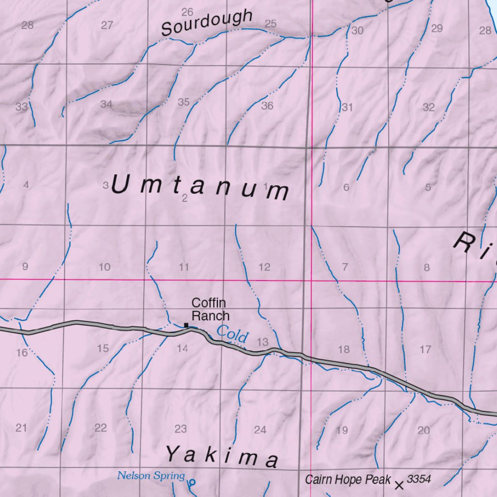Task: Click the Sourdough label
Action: (x=207, y=23)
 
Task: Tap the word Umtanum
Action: (x=200, y=187)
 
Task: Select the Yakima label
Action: (x=222, y=457)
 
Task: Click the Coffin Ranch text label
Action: (x=210, y=309)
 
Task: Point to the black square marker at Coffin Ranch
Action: (x=186, y=325)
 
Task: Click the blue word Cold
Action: (x=232, y=334)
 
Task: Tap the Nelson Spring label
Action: (x=151, y=476)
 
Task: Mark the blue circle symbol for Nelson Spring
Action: (x=192, y=482)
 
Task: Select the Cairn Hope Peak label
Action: (x=348, y=480)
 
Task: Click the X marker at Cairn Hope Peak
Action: (x=399, y=485)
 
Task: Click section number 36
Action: (x=267, y=106)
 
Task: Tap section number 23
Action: (x=181, y=429)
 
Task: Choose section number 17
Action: (x=426, y=349)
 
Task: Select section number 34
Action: (x=107, y=104)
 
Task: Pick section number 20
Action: (x=424, y=430)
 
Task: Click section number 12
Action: (x=265, y=267)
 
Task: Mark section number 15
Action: (x=103, y=348)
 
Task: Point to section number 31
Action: (x=347, y=107)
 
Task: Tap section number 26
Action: (x=187, y=12)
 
